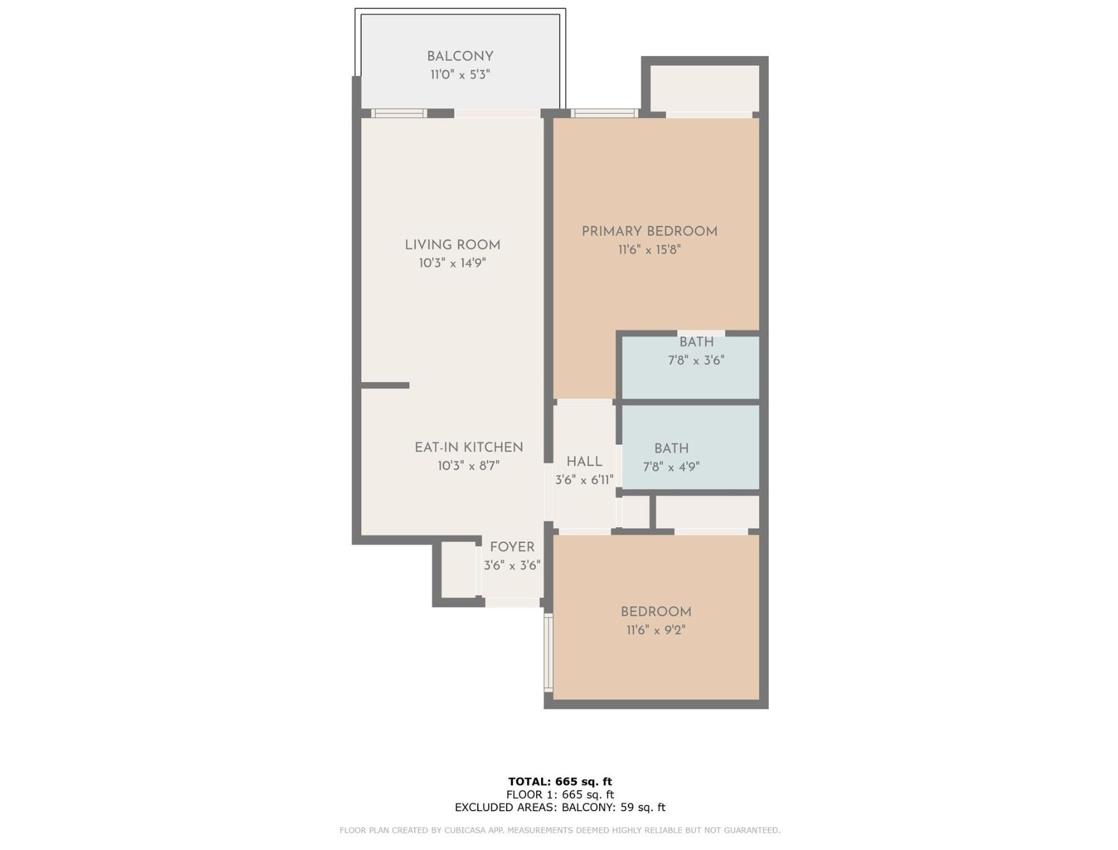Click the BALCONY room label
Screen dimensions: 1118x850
pyautogui.click(x=460, y=56)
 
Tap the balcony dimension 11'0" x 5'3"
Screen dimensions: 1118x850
pyautogui.click(x=460, y=75)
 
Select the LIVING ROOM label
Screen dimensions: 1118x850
pyautogui.click(x=452, y=245)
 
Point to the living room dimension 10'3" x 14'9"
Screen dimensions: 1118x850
pyautogui.click(x=452, y=263)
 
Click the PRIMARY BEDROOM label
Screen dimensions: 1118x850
pyautogui.click(x=650, y=232)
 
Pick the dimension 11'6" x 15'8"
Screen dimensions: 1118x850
pyautogui.click(x=650, y=250)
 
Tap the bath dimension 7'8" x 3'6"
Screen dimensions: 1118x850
pyautogui.click(x=696, y=360)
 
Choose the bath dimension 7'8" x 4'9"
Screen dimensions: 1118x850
pyautogui.click(x=671, y=466)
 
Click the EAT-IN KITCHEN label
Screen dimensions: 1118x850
pyautogui.click(x=469, y=447)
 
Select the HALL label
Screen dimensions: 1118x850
pyautogui.click(x=585, y=461)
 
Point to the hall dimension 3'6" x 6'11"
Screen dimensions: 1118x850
pyautogui.click(x=585, y=480)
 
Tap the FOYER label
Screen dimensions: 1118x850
pyautogui.click(x=512, y=547)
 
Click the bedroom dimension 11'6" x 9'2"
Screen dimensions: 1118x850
pyautogui.click(x=656, y=630)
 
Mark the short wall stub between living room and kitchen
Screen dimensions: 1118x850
pyautogui.click(x=385, y=385)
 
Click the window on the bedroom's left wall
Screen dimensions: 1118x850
pyautogui.click(x=548, y=652)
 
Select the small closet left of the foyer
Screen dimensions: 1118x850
pyautogui.click(x=458, y=570)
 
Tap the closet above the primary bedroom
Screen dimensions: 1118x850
pyautogui.click(x=704, y=88)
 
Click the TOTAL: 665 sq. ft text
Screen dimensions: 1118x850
pyautogui.click(x=560, y=781)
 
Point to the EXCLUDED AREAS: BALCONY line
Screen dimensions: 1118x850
pyautogui.click(x=560, y=807)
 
